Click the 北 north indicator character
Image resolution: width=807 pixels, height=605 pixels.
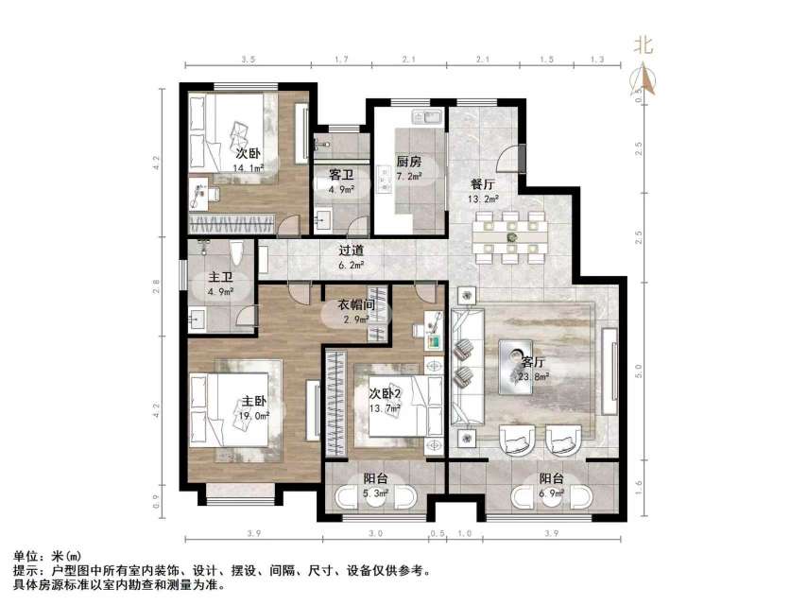point(644,43)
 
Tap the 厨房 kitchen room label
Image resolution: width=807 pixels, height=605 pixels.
point(408,161)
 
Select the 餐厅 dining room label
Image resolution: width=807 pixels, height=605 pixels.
point(483,184)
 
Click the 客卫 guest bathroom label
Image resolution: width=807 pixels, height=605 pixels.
point(341,175)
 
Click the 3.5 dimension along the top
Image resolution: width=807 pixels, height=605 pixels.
point(249,60)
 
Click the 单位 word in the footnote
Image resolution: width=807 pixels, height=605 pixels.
point(25,557)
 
